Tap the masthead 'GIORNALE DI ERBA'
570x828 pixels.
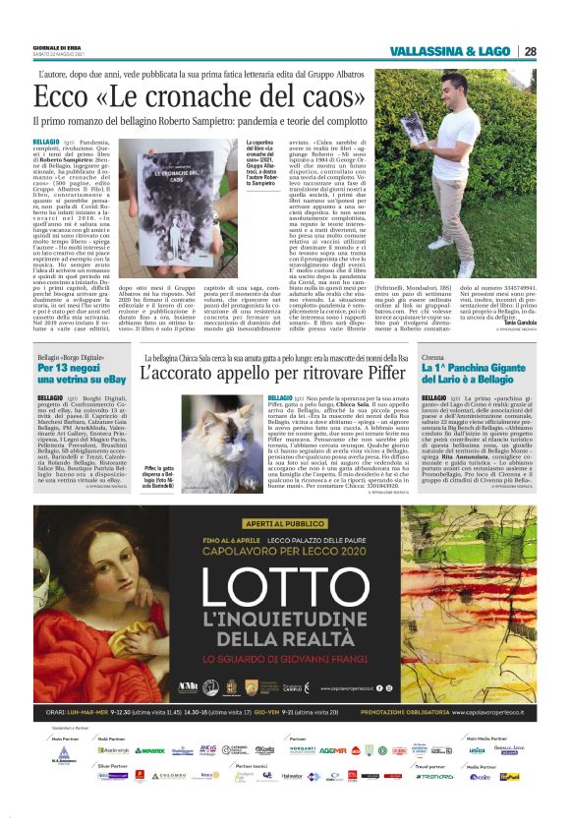click(x=53, y=44)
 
